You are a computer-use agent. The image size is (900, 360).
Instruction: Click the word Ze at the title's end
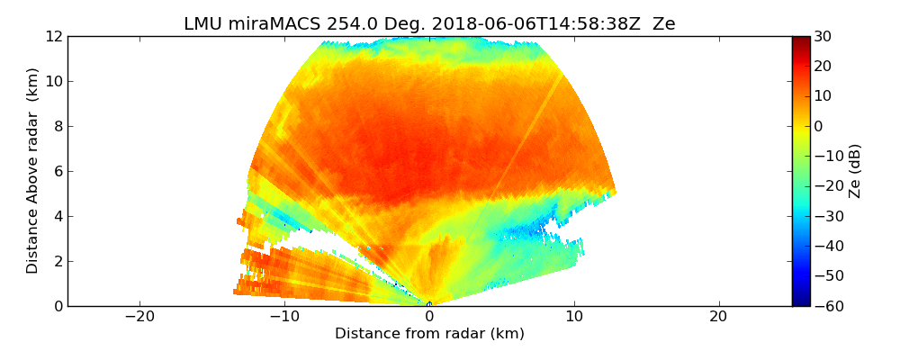coord(663,24)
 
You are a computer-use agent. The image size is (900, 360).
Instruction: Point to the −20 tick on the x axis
coord(139,317)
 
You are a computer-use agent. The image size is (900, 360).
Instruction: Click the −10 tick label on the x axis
coord(284,317)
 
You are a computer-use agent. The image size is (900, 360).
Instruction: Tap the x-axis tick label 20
coord(718,317)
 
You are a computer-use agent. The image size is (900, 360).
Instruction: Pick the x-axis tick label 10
coord(573,317)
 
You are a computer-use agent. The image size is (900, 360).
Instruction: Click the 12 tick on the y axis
coord(53,36)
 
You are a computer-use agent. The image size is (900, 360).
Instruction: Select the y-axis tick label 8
coord(58,126)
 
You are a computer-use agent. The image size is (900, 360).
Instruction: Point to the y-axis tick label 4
coord(58,216)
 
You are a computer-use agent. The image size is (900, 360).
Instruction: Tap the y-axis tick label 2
coord(58,261)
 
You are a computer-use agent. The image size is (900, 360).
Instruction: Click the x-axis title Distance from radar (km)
coord(429,334)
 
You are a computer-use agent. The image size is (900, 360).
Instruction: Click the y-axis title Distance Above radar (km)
coord(33,171)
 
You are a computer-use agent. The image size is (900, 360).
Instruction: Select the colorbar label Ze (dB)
coord(855,171)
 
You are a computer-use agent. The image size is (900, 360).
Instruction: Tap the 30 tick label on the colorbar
coord(822,36)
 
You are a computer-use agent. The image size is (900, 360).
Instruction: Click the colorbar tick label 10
coord(822,96)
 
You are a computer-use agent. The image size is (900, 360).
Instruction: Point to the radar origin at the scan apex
coord(429,305)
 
